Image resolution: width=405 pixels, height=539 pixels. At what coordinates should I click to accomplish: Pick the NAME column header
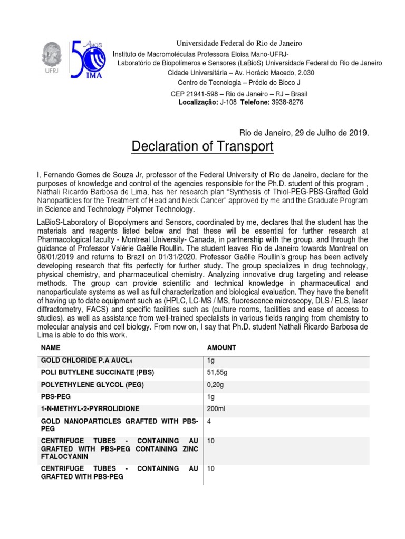pos(51,348)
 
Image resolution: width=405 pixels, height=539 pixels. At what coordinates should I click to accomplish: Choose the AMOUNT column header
pos(222,348)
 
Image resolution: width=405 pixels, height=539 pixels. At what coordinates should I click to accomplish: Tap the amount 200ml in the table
pos(217,408)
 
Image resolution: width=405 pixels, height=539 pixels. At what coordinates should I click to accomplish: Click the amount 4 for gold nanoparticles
pos(210,422)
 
